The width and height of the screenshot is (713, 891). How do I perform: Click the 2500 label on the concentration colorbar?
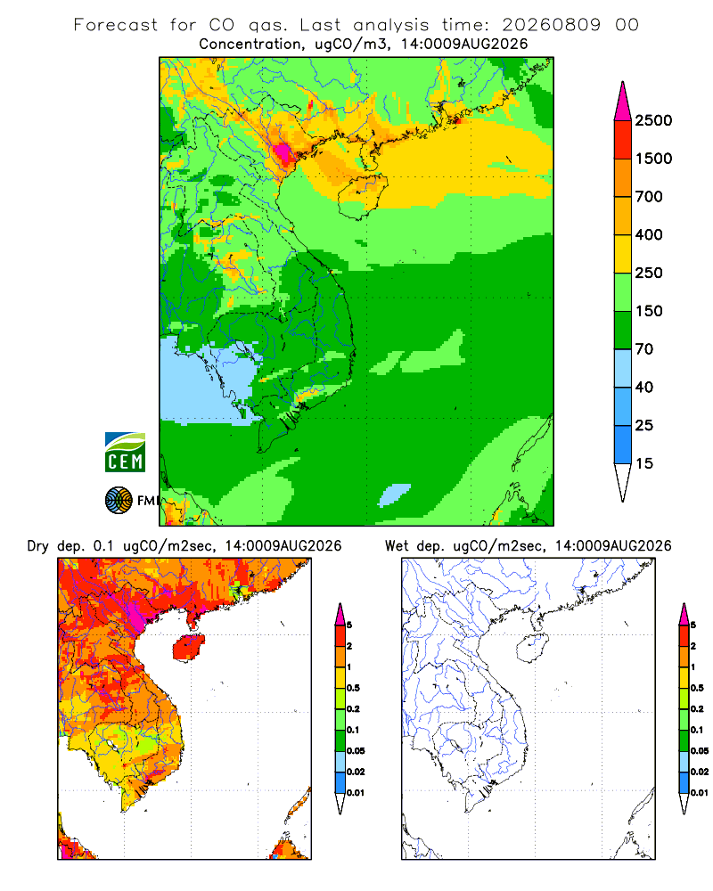point(653,120)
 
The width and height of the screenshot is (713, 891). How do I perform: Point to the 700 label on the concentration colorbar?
point(649,197)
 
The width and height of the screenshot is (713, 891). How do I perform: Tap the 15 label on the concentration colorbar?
point(644,463)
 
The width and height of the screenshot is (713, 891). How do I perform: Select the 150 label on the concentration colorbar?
point(649,311)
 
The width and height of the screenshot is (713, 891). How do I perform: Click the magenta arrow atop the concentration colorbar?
point(623,102)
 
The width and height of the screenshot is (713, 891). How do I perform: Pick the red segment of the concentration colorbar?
point(623,140)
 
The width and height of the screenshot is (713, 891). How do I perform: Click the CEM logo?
point(125,453)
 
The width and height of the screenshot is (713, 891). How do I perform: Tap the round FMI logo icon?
point(119,501)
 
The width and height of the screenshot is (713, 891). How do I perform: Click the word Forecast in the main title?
point(116,25)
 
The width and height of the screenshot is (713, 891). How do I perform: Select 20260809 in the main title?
point(551,25)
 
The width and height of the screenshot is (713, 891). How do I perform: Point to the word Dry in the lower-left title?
point(37,546)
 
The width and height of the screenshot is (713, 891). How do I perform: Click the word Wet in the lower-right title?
point(397,546)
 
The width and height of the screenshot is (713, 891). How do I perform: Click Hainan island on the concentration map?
point(362,196)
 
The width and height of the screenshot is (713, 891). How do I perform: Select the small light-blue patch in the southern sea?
point(394,495)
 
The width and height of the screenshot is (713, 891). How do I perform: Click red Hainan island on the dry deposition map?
point(188,648)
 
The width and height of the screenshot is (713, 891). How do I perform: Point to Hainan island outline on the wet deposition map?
point(532,648)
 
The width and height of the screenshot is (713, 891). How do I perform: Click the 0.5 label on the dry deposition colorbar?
point(353,688)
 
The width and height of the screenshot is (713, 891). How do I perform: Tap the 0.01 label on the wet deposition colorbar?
point(700,793)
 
